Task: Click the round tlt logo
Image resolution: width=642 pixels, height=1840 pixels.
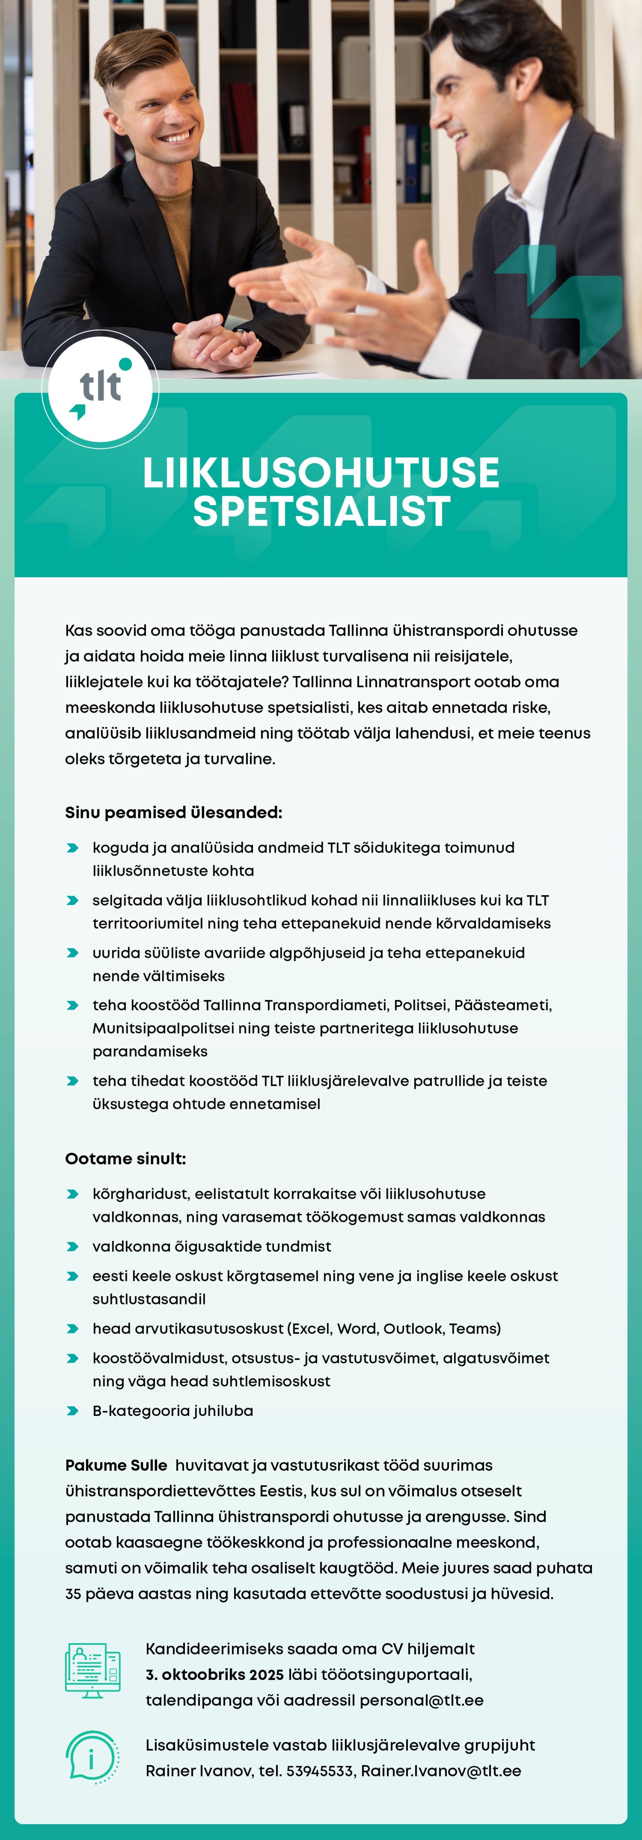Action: [100, 389]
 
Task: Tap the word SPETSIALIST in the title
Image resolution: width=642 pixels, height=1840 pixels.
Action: [321, 511]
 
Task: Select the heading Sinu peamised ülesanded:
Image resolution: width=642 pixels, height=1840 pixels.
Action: [174, 813]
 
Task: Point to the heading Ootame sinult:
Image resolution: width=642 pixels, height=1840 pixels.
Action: [126, 1159]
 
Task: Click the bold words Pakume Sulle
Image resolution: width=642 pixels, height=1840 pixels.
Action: [116, 1465]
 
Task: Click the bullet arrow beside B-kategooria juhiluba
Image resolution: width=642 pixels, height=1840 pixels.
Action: [72, 1411]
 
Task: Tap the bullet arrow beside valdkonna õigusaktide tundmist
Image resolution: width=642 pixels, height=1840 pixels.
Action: [72, 1247]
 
